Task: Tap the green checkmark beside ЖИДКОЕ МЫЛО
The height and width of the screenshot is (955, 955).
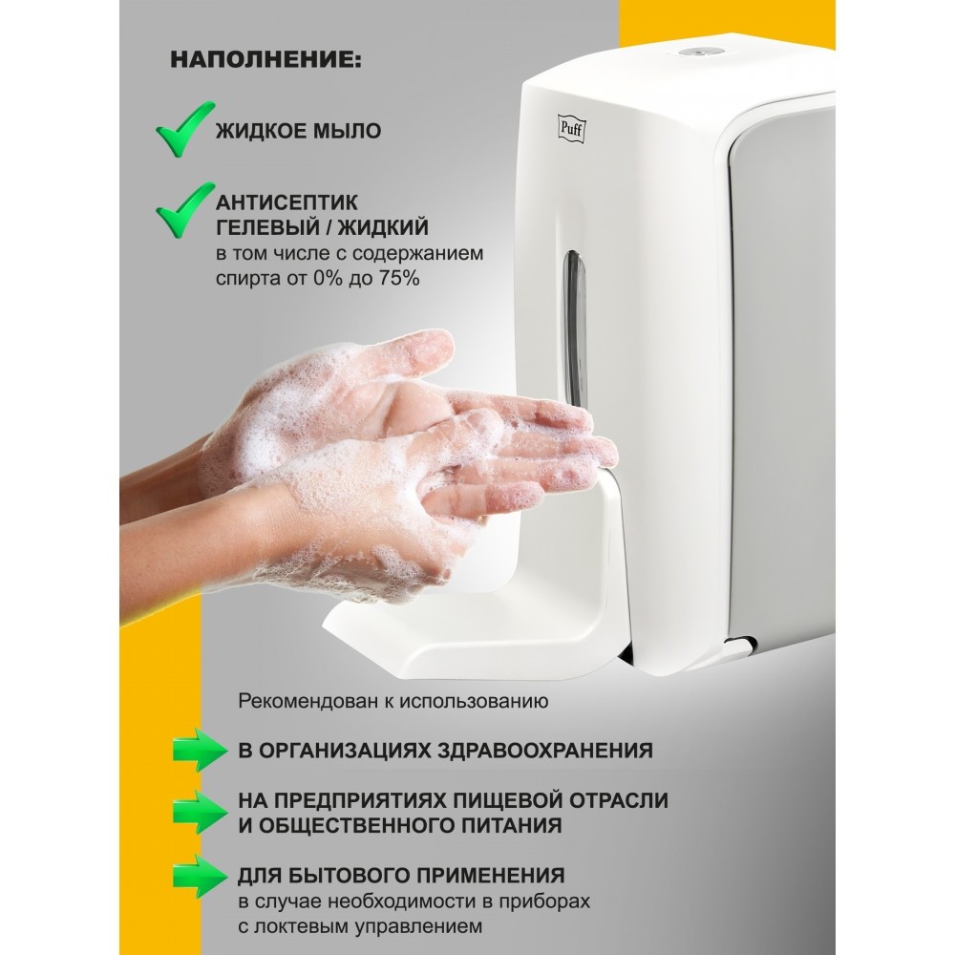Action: click(184, 129)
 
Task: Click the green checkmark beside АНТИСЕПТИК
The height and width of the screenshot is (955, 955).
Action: click(184, 210)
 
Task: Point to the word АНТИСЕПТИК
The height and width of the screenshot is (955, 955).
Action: click(286, 202)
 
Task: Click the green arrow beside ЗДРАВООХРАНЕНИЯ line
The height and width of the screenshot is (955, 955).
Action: click(200, 750)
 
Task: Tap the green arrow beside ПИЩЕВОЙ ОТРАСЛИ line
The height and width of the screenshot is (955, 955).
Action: click(200, 813)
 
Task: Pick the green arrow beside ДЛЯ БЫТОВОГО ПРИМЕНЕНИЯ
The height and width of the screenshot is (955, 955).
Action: click(200, 877)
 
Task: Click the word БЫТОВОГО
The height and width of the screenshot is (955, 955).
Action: click(350, 875)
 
